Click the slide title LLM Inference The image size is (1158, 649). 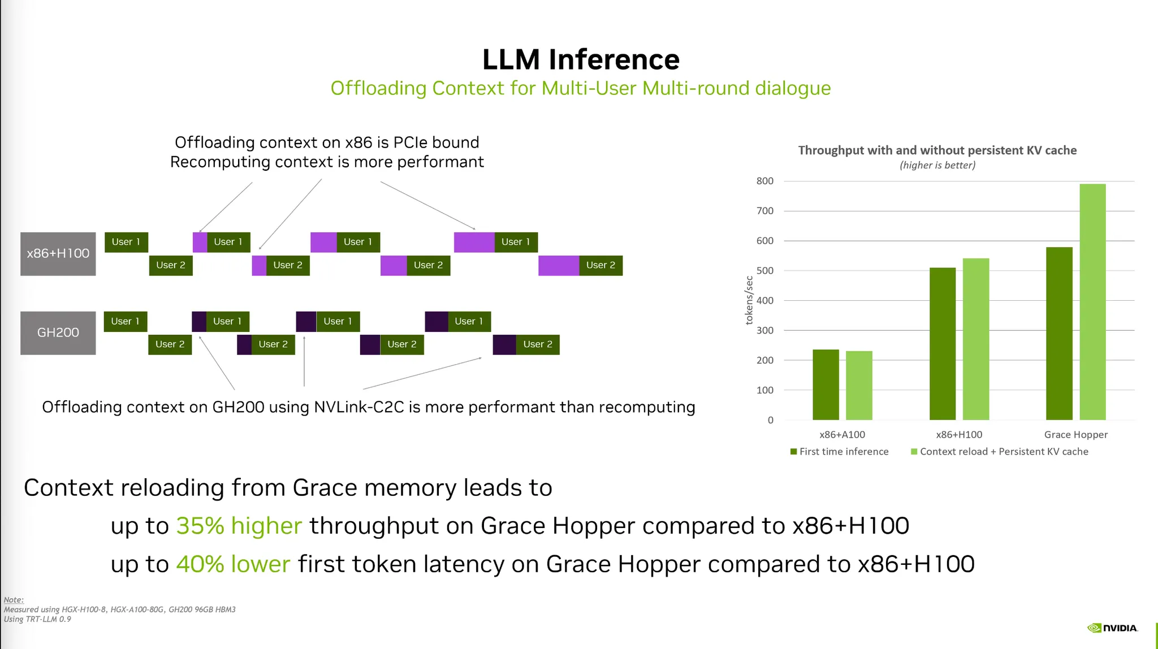point(581,59)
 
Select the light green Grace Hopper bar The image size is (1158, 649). point(1092,302)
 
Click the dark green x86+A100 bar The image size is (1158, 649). point(826,384)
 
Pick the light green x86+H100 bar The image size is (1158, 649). point(976,339)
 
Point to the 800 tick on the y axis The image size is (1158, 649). point(764,181)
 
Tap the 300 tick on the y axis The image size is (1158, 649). point(764,330)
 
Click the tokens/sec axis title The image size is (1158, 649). point(749,300)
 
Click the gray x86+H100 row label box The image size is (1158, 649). point(58,254)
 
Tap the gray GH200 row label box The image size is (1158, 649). point(58,333)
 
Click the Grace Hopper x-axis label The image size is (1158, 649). point(1075,435)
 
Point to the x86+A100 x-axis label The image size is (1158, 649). point(842,435)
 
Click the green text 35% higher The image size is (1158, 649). point(239,526)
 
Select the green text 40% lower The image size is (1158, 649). point(233,564)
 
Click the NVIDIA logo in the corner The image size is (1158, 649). point(1112,628)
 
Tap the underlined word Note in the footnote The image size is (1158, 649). point(14,600)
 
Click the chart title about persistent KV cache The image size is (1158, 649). point(937,150)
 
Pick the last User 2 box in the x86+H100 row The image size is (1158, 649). point(600,265)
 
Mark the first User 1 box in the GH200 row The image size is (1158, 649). point(126,321)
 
